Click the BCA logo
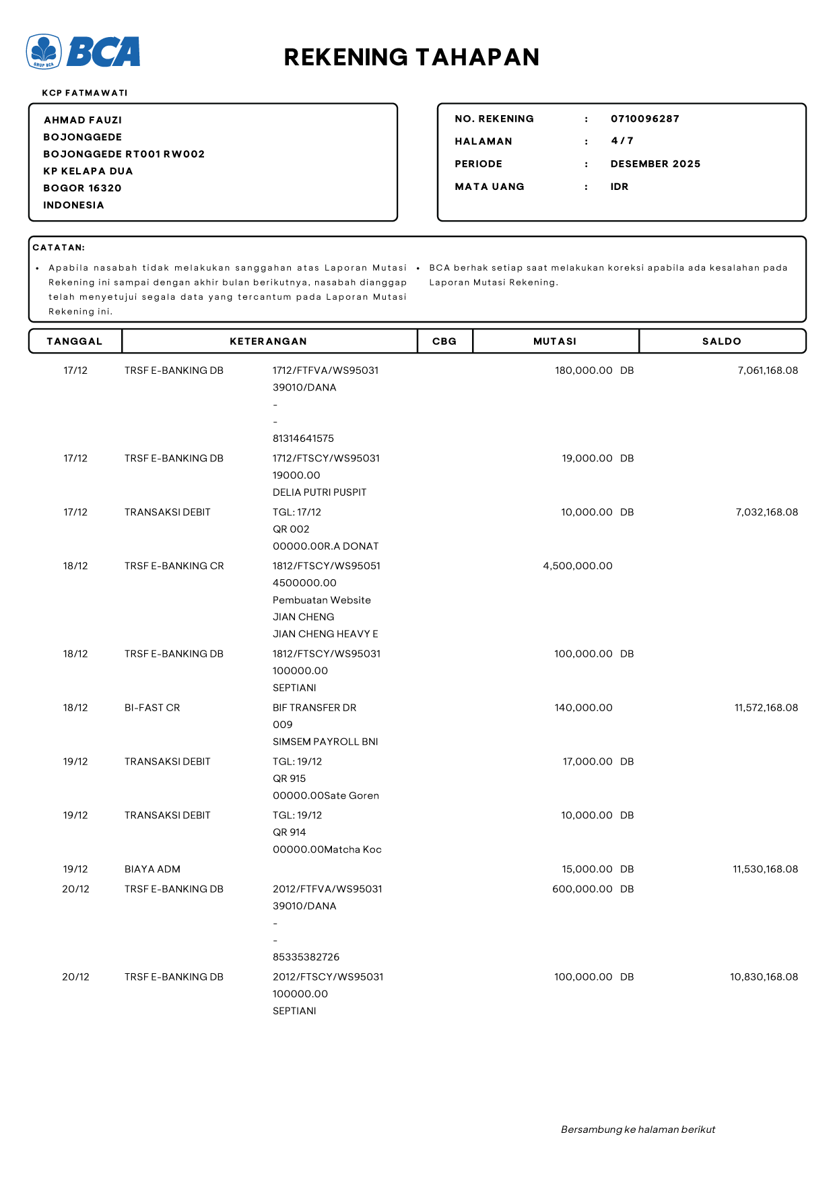coord(83,52)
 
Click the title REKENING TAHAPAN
coord(411,57)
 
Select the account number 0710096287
coord(644,119)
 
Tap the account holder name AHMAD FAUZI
coord(83,120)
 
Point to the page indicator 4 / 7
coord(622,141)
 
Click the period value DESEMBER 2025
coord(655,164)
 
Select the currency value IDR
coord(620,187)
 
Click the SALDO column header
coord(721,341)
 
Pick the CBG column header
coord(444,341)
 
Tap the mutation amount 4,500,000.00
coord(578,566)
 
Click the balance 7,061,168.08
coord(768,370)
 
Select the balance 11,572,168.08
coord(766,708)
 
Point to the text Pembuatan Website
coord(322,600)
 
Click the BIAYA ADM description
coord(152,869)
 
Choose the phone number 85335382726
coord(306,957)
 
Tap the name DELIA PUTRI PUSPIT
coord(319,492)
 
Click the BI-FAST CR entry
coord(152,708)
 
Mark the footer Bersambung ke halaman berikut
coord(638,1129)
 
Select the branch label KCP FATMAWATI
coord(85,93)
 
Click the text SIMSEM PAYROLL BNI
coord(325,742)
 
